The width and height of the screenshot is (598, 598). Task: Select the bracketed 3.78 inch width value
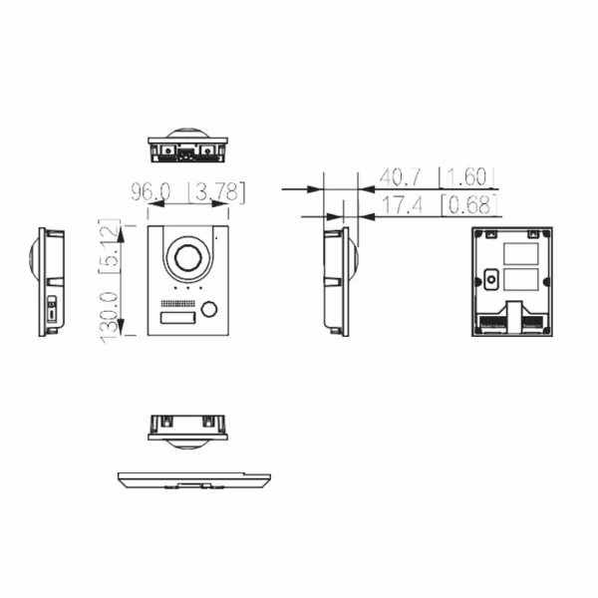(x=216, y=190)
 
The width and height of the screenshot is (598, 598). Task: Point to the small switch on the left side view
(x=52, y=310)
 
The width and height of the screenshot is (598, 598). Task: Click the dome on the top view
(x=187, y=135)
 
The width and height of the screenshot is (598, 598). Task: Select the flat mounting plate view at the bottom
(x=192, y=479)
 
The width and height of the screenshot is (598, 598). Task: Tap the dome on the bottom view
(x=187, y=439)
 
